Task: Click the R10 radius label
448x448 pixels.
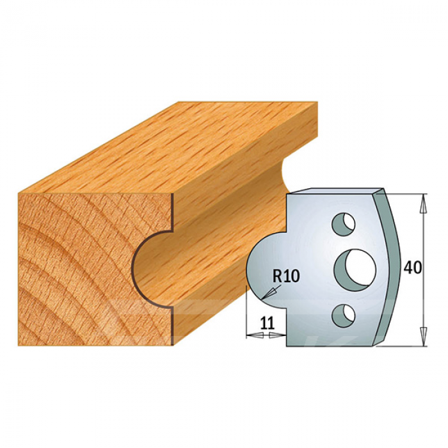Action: [286, 276]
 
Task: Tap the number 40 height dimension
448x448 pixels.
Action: [412, 268]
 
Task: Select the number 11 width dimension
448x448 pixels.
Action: [268, 323]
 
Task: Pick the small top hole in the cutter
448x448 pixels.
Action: [343, 224]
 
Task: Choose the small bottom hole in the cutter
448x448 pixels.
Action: [343, 316]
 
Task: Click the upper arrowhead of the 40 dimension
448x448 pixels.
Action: [424, 204]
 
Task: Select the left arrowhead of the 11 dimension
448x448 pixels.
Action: [255, 335]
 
